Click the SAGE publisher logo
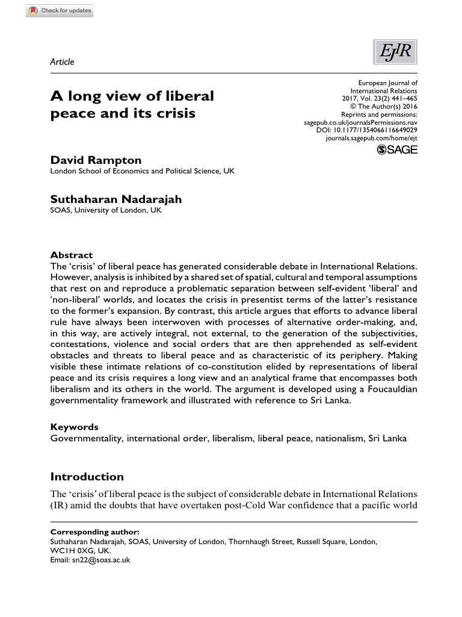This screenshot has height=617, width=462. point(396,150)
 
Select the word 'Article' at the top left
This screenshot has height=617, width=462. point(62,61)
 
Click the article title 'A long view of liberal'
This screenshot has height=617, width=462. point(132,96)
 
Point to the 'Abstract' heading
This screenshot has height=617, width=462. point(72,255)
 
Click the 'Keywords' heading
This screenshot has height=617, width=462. point(74,427)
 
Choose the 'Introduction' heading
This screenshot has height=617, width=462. point(87,477)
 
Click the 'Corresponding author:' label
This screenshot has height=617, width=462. point(94,532)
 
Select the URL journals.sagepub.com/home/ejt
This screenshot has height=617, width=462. point(371,137)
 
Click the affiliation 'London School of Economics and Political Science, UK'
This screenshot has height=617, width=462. point(142,171)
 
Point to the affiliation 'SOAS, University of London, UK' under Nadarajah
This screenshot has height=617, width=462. point(106,210)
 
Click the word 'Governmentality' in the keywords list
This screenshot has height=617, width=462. point(87,438)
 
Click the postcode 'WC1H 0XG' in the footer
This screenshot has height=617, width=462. point(73,551)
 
